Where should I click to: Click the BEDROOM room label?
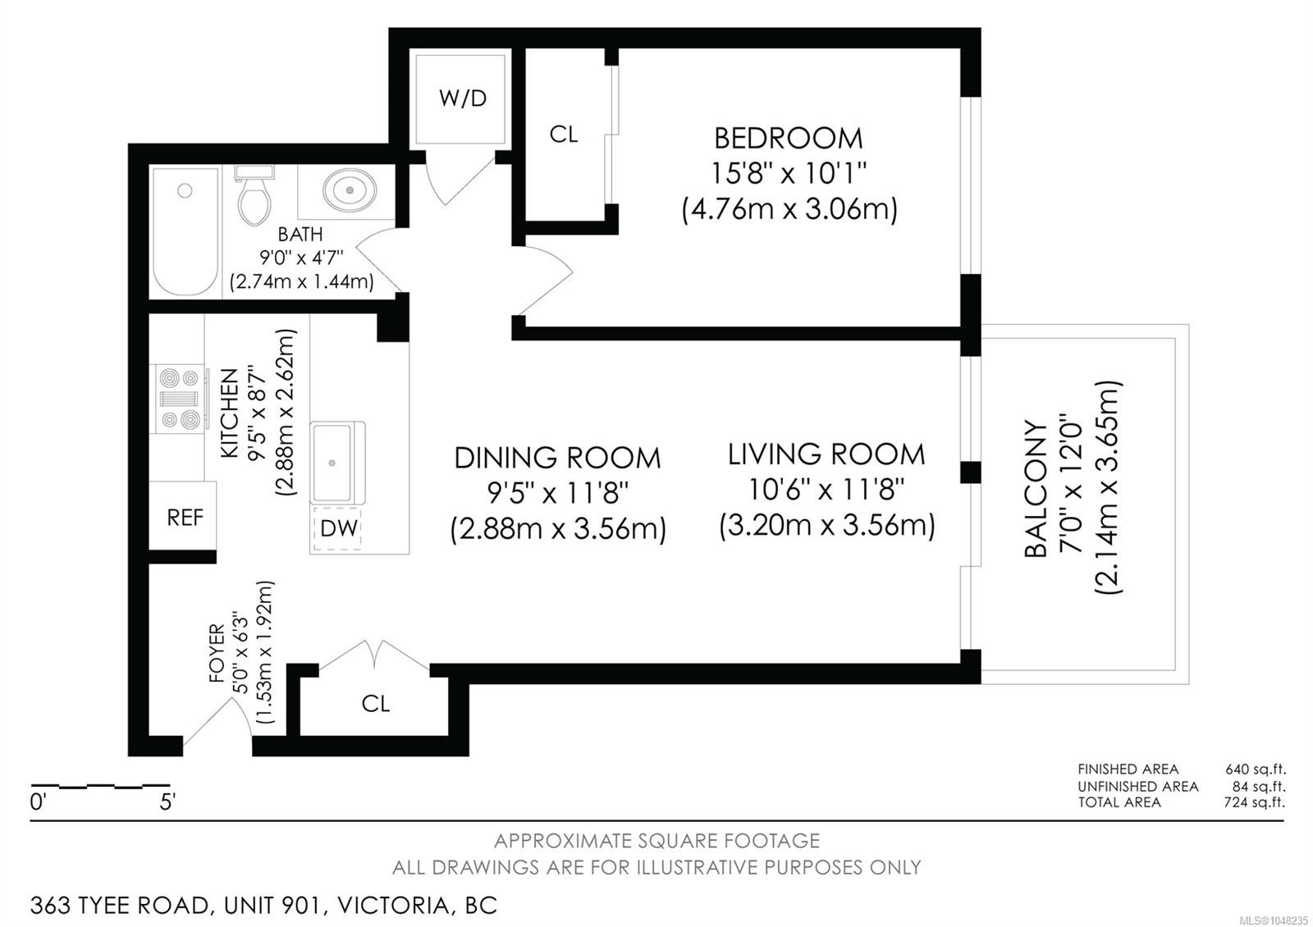(x=789, y=139)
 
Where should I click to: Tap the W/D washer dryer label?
(x=463, y=98)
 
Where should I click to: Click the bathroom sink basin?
(x=350, y=190)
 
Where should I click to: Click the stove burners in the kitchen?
(x=181, y=398)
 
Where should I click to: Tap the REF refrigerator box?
(x=183, y=516)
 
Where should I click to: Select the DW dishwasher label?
(x=339, y=528)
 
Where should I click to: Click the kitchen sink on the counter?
(x=337, y=462)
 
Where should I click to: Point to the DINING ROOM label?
(x=557, y=458)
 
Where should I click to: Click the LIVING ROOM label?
(x=826, y=454)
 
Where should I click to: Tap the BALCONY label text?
(x=1036, y=488)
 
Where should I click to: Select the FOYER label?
(x=217, y=653)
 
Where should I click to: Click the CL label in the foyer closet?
(x=376, y=703)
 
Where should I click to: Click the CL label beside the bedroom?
(x=564, y=135)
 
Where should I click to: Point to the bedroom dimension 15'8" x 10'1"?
(x=789, y=173)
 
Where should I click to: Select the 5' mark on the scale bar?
(x=167, y=801)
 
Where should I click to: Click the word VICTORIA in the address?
(x=394, y=906)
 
